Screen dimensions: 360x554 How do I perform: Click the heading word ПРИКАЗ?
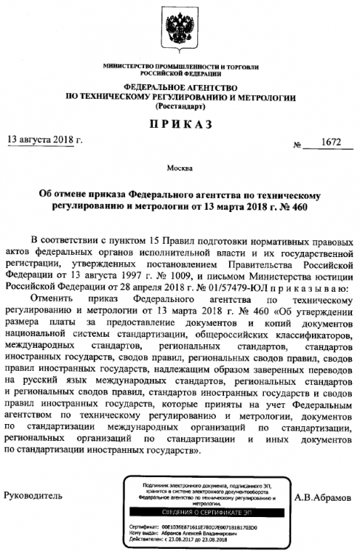180,123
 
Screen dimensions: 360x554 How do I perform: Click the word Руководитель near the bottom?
33,493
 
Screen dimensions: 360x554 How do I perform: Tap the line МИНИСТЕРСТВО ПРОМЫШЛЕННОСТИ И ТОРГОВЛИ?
180,68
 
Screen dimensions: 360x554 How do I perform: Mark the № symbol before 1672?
298,145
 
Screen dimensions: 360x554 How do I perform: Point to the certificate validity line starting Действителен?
181,538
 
